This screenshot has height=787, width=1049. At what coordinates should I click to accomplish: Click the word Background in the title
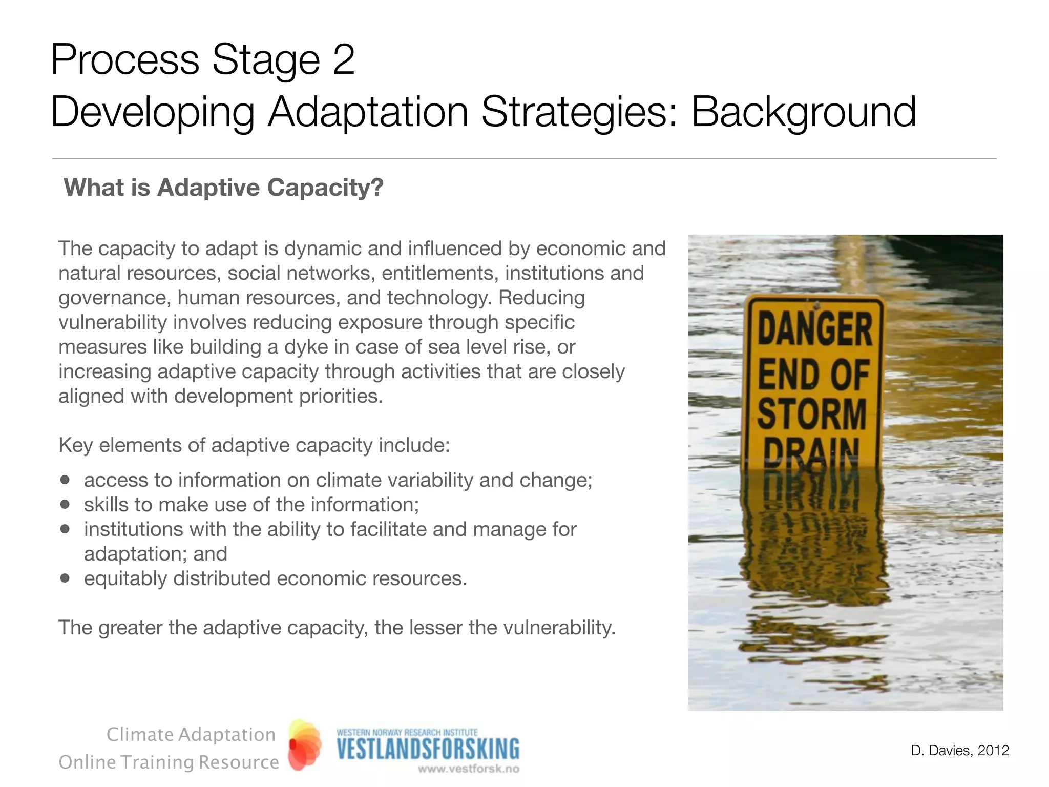[803, 112]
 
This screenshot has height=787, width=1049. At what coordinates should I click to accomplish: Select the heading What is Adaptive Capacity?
[223, 188]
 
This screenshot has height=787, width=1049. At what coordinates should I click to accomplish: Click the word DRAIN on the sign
[811, 451]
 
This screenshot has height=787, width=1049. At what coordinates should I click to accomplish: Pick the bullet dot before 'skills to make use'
[65, 505]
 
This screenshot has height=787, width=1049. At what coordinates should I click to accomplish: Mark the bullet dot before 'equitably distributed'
[65, 578]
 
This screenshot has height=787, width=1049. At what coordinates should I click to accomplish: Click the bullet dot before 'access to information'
[65, 480]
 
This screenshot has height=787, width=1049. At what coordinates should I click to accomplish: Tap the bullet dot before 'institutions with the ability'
[65, 529]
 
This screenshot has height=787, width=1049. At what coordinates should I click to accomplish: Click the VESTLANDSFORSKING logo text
[428, 749]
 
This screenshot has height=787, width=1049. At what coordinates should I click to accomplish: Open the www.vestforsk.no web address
[468, 769]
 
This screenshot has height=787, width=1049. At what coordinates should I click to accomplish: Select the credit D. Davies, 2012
[959, 751]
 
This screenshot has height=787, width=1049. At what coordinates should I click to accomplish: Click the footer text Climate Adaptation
[191, 735]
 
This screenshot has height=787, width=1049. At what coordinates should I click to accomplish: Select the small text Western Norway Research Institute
[407, 732]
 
